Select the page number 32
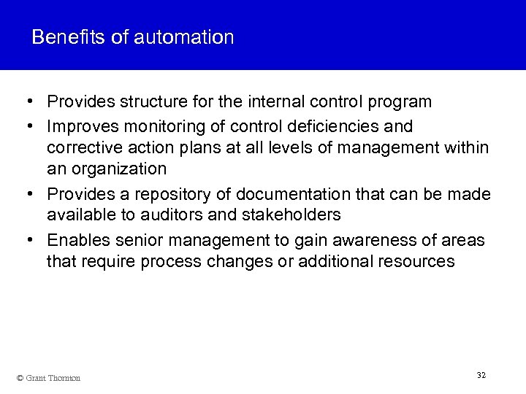[481, 375]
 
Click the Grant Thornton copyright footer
[48, 377]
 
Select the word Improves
[80, 126]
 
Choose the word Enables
[74, 240]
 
